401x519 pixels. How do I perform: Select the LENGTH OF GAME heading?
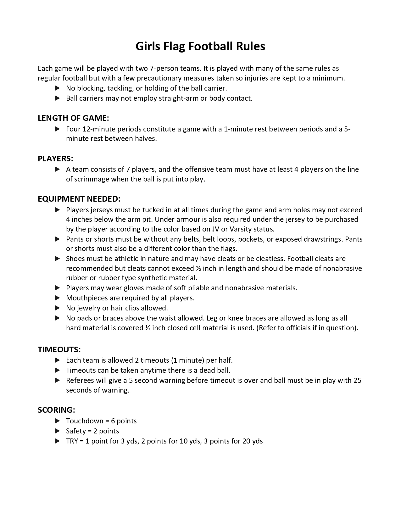point(73,118)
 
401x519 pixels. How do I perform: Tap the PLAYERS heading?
point(55,159)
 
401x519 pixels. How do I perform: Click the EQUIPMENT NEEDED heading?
point(79,199)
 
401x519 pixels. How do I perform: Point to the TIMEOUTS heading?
point(59,349)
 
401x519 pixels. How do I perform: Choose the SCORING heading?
point(56,410)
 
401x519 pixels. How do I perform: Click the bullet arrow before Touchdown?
point(57,421)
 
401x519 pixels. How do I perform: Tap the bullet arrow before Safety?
point(57,431)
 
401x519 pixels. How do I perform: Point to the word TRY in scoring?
point(72,441)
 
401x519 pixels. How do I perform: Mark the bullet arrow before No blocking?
point(57,88)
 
